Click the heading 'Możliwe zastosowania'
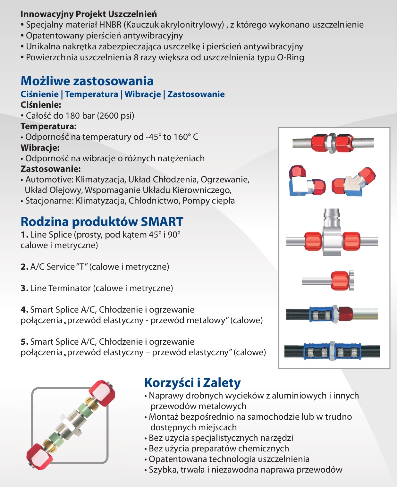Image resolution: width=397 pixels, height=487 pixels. [87, 81]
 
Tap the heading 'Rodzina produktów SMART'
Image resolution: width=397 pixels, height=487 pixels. [102, 222]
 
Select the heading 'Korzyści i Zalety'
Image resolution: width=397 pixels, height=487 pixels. [192, 382]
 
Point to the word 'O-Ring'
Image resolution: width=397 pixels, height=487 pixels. [290, 57]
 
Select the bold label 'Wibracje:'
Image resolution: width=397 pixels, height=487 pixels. [40, 148]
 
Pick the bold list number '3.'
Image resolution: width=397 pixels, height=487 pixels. [24, 288]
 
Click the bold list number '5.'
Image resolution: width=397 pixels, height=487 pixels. [24, 342]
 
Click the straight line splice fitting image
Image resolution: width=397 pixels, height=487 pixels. [333, 142]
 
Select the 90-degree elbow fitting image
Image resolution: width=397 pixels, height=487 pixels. [306, 181]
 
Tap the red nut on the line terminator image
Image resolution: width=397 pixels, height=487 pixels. [340, 280]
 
